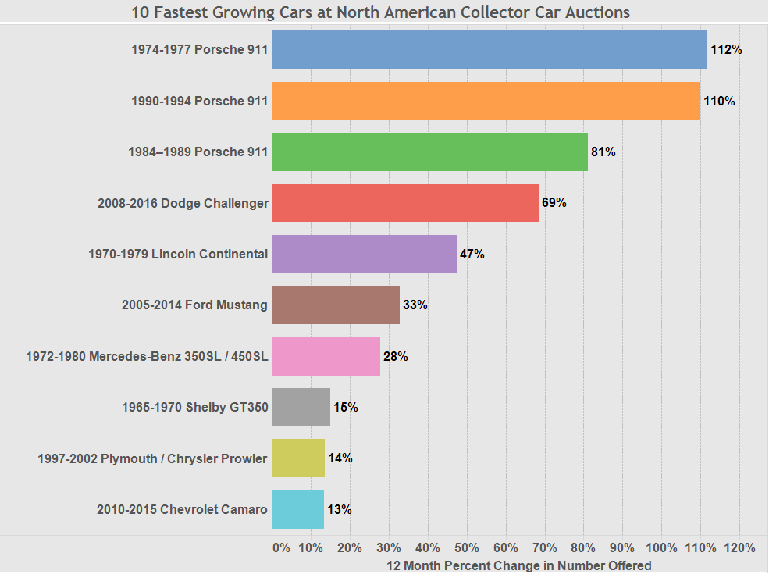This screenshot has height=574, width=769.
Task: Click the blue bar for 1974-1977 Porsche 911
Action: pos(490,50)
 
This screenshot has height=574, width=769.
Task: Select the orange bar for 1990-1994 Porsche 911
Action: pos(486,102)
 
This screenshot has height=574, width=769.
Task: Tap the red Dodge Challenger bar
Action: pos(405,203)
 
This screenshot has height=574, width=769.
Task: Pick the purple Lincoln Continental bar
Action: pos(364,254)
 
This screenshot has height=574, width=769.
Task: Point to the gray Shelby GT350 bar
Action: pos(301,407)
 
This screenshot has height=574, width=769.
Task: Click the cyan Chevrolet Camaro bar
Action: pos(297,509)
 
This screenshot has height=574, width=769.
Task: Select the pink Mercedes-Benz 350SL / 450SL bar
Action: pos(326,356)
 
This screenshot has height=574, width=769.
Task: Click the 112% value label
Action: pos(726,50)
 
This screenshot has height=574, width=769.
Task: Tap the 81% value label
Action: pos(603,152)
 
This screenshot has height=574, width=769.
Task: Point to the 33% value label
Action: pos(415,305)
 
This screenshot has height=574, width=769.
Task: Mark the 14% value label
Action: pos(340,458)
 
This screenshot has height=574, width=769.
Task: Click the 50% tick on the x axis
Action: pos(467,547)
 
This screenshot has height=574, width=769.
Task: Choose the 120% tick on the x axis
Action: pos(739,547)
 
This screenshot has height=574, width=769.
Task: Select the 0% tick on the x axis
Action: pos(281,547)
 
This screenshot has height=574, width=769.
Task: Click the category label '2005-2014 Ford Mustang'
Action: pos(194,305)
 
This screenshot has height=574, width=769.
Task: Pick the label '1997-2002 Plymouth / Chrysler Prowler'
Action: pos(152,458)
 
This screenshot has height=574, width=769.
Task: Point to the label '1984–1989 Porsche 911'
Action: pos(198,152)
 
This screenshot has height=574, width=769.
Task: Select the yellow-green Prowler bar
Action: pos(298,458)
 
